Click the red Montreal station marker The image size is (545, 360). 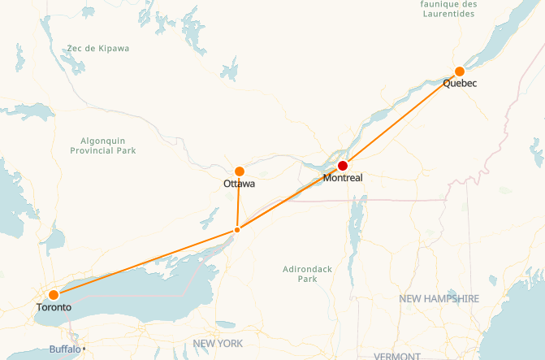pos(343,166)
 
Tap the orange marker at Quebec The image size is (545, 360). pos(460,72)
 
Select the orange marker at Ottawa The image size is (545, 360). pos(240,171)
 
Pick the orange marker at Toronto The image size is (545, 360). pos(54,295)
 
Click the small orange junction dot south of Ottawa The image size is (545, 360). pos(236,230)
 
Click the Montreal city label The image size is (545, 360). pos(342,177)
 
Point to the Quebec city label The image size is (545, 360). pos(460,84)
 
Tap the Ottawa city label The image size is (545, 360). pos(239,184)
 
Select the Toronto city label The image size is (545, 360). pos(54,308)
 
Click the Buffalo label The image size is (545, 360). pos(64,349)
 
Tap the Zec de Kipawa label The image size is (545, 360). pos(98,49)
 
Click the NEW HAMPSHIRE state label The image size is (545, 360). pos(439,299)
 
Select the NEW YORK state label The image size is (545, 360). pos(218,344)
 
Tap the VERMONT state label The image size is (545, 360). pos(397,356)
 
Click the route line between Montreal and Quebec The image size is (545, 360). pos(401,119)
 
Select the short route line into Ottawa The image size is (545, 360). pos(238,201)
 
